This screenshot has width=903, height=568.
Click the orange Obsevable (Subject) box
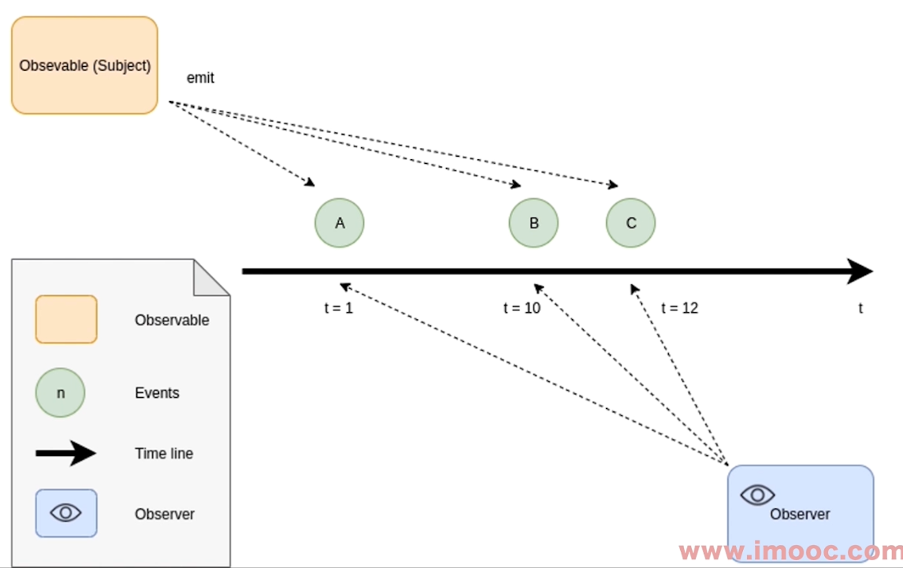coord(84,65)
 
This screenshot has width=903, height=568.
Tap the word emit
coord(200,78)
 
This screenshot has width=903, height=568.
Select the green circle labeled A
coord(340,223)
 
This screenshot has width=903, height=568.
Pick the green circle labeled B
coord(533,223)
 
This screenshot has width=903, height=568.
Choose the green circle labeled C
coord(630,223)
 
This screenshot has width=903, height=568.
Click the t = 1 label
coord(339,308)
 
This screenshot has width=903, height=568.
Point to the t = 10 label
coord(522,308)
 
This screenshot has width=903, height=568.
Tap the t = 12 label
coord(680,308)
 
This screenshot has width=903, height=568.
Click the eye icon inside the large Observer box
coord(758,495)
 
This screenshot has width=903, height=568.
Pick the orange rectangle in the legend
coord(66,320)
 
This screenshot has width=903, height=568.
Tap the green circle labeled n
coord(60,392)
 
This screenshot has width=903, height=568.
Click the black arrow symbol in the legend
coord(66,453)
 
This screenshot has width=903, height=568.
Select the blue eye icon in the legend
coord(66,513)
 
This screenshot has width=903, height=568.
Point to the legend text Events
coord(157,393)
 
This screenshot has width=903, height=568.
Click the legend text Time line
coord(164,453)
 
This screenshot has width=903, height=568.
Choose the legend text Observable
coord(172,321)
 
